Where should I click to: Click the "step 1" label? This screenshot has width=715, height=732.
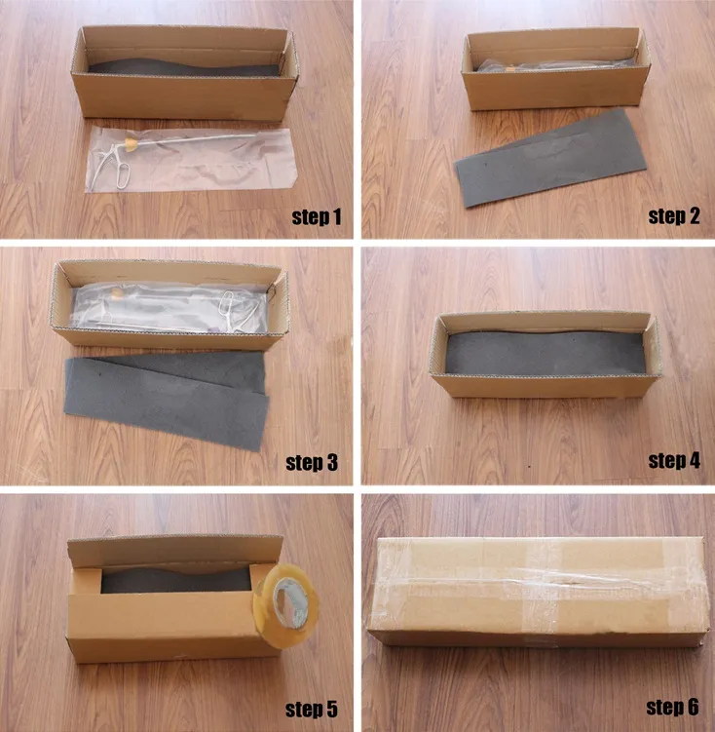point(317,216)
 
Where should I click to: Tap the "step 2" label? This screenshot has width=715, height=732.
point(674,216)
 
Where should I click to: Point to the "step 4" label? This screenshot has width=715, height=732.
point(674,460)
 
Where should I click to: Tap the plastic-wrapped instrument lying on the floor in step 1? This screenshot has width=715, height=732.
point(190,160)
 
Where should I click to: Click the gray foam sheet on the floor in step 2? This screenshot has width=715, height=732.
point(551,156)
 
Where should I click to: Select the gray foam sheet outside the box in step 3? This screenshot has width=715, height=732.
point(166,395)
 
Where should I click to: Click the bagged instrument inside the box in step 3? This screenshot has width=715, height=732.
point(170,297)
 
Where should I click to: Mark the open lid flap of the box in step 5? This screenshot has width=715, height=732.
point(175,550)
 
